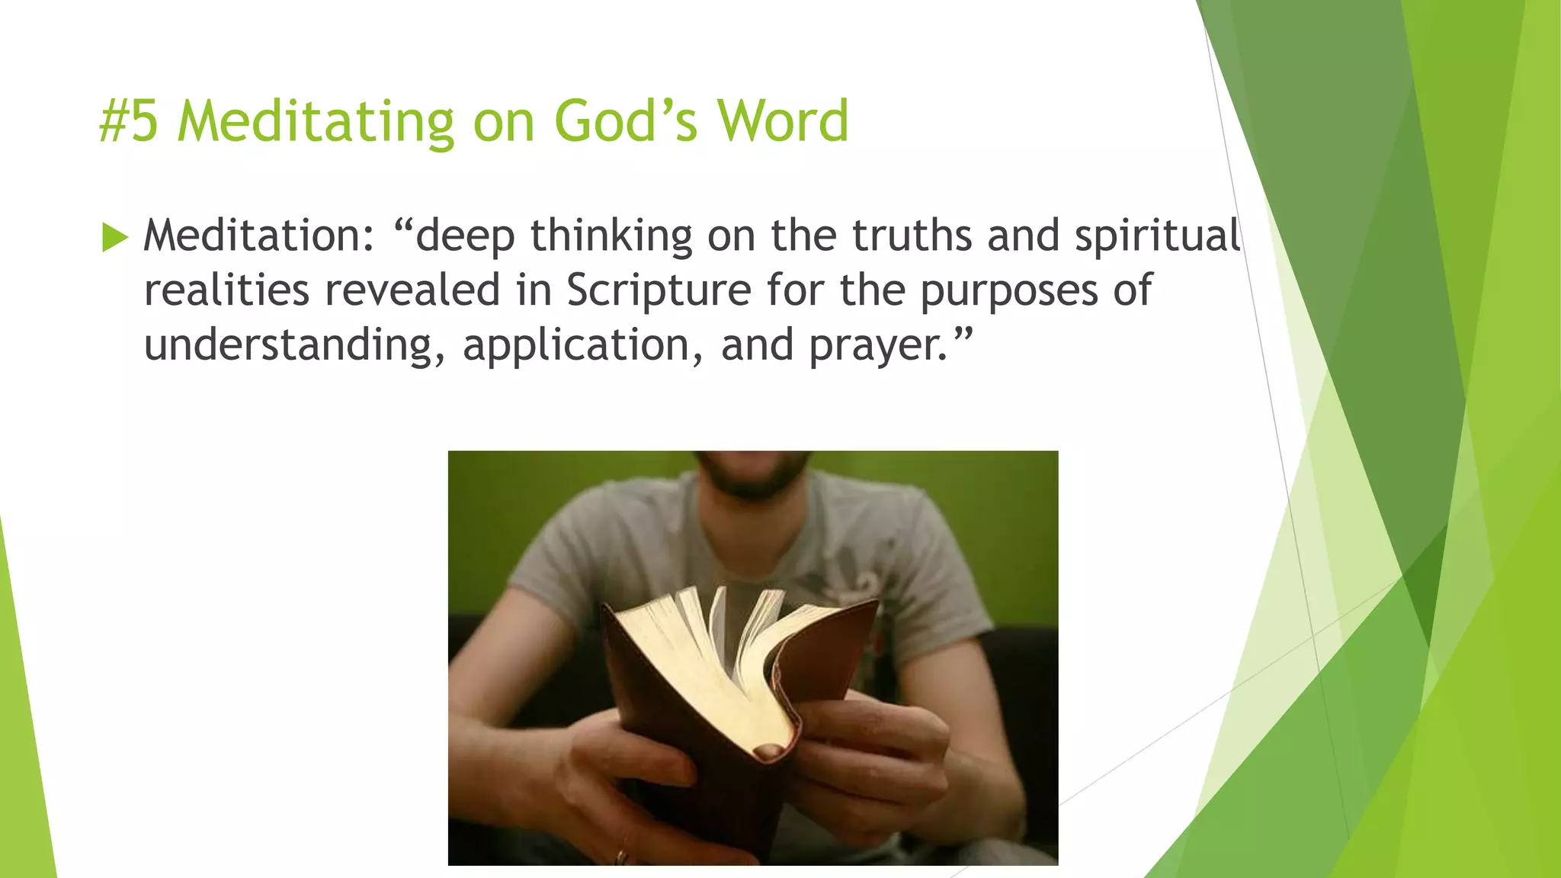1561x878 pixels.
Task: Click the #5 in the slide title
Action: click(x=129, y=122)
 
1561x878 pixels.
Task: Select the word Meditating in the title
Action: click(x=316, y=122)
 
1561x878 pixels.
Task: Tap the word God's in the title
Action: click(x=625, y=122)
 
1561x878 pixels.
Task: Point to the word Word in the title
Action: click(x=783, y=122)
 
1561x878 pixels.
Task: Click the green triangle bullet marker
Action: click(x=114, y=238)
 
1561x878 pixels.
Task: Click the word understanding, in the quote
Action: click(x=294, y=346)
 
